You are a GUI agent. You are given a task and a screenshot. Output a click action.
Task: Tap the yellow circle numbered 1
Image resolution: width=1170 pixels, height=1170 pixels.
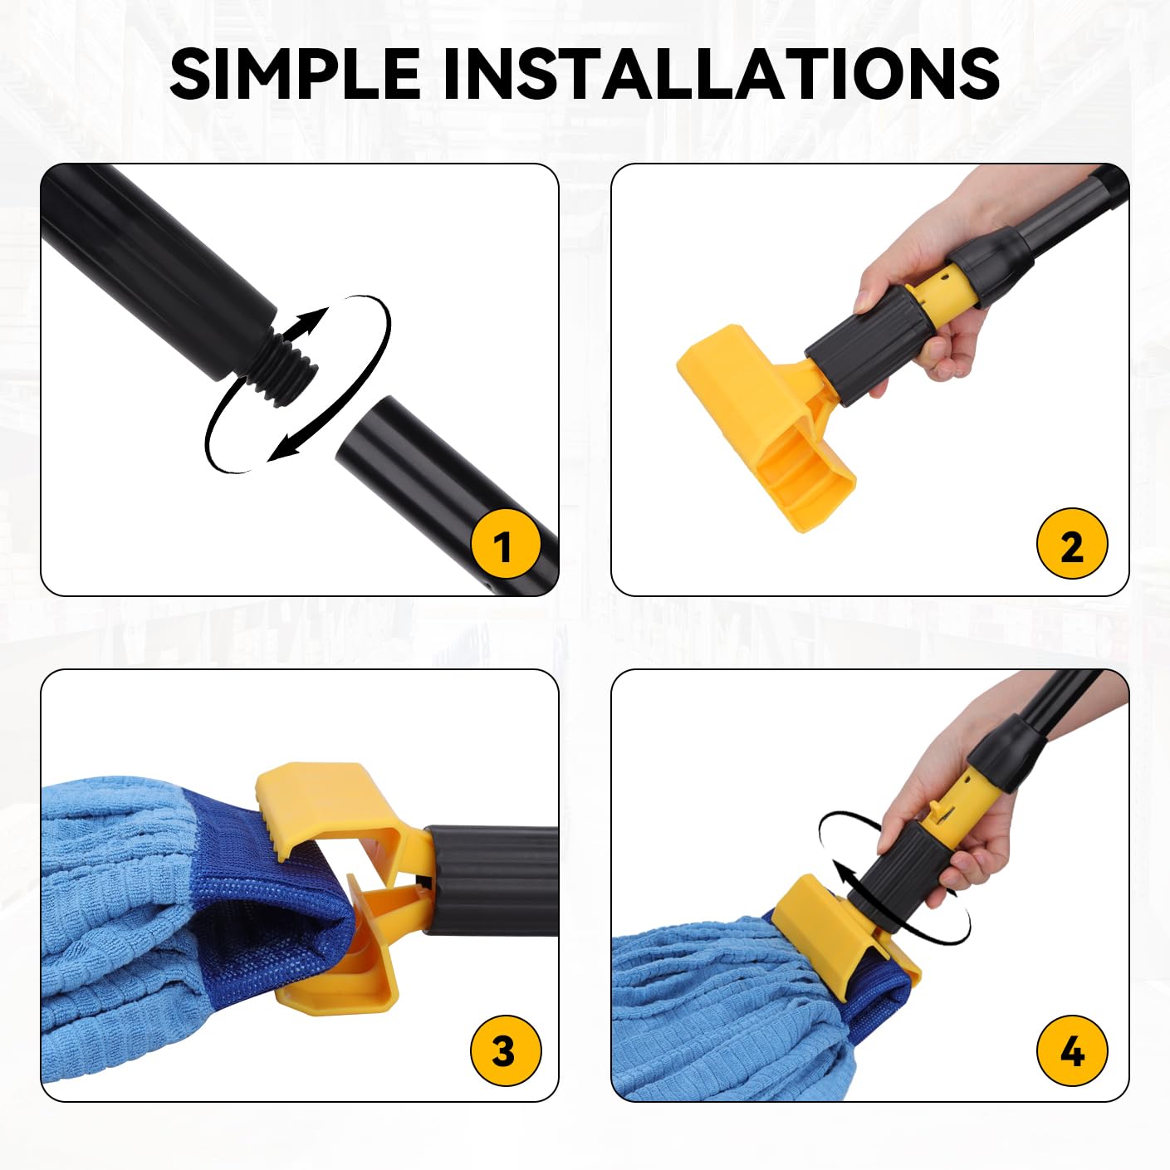[x=505, y=545]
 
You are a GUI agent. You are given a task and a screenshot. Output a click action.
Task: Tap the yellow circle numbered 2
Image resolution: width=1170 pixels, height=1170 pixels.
[x=1071, y=545]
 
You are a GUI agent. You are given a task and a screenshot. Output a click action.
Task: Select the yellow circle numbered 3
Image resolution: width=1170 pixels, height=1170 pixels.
[x=505, y=1050]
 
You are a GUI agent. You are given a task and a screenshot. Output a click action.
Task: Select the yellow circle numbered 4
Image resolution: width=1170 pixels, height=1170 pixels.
[x=1071, y=1050]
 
